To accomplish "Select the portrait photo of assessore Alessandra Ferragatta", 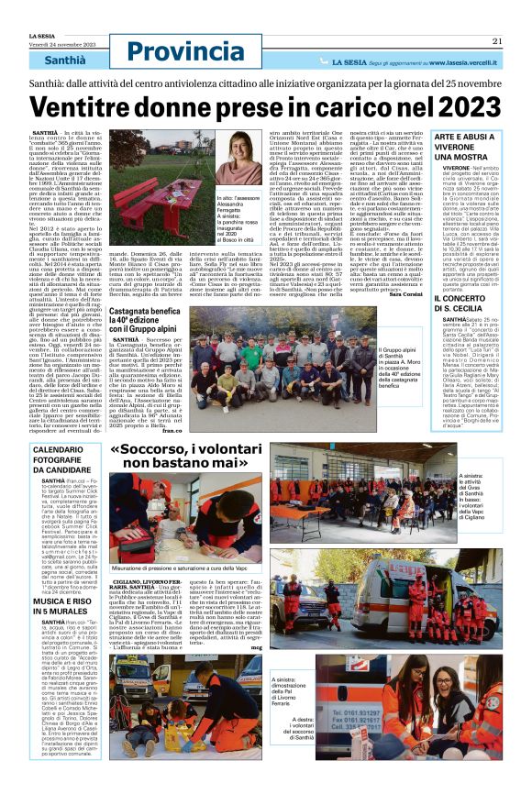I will coord(251,155).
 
